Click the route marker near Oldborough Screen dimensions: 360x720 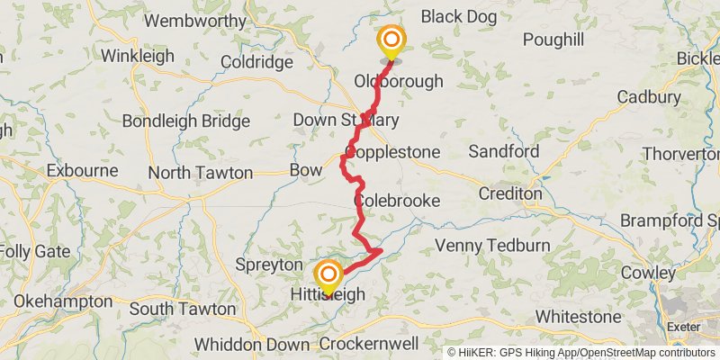391,41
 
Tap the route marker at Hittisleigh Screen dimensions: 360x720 329,275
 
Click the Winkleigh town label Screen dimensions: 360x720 136,55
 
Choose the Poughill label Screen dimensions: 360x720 552,40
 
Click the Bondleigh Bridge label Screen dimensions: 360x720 185,121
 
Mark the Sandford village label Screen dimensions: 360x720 503,151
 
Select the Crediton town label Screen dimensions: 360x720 509,193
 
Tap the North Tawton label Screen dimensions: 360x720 201,173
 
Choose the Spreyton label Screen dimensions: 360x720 267,265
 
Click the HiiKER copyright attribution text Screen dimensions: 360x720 580,353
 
